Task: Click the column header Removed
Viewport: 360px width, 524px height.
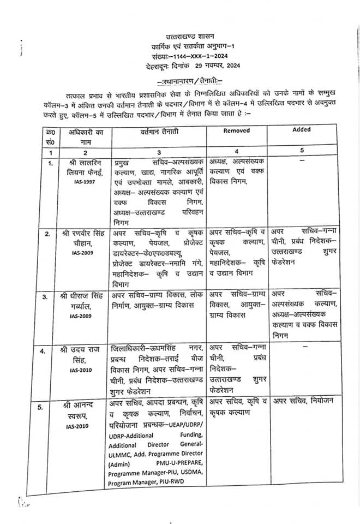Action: pyautogui.click(x=237, y=130)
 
